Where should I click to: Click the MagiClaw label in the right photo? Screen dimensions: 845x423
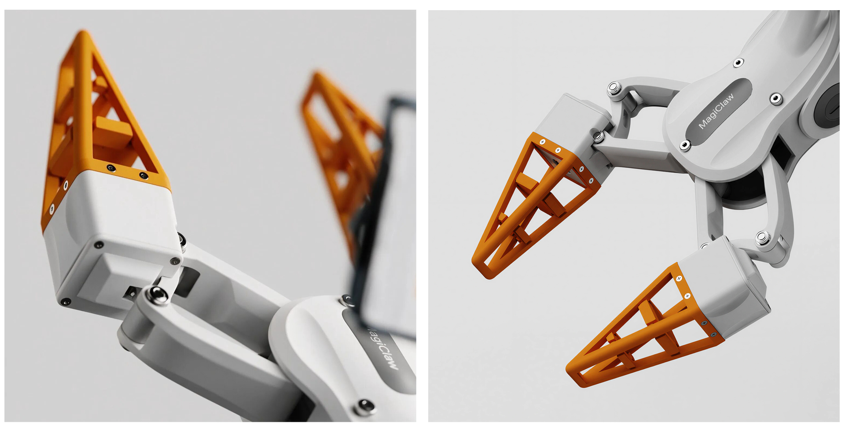(716, 111)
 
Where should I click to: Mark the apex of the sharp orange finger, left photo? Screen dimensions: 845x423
(83, 33)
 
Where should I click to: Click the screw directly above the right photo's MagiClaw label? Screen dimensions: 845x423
(738, 63)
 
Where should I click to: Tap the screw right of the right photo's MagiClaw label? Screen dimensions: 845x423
(776, 98)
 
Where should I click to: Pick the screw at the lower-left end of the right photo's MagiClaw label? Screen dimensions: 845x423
(685, 145)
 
